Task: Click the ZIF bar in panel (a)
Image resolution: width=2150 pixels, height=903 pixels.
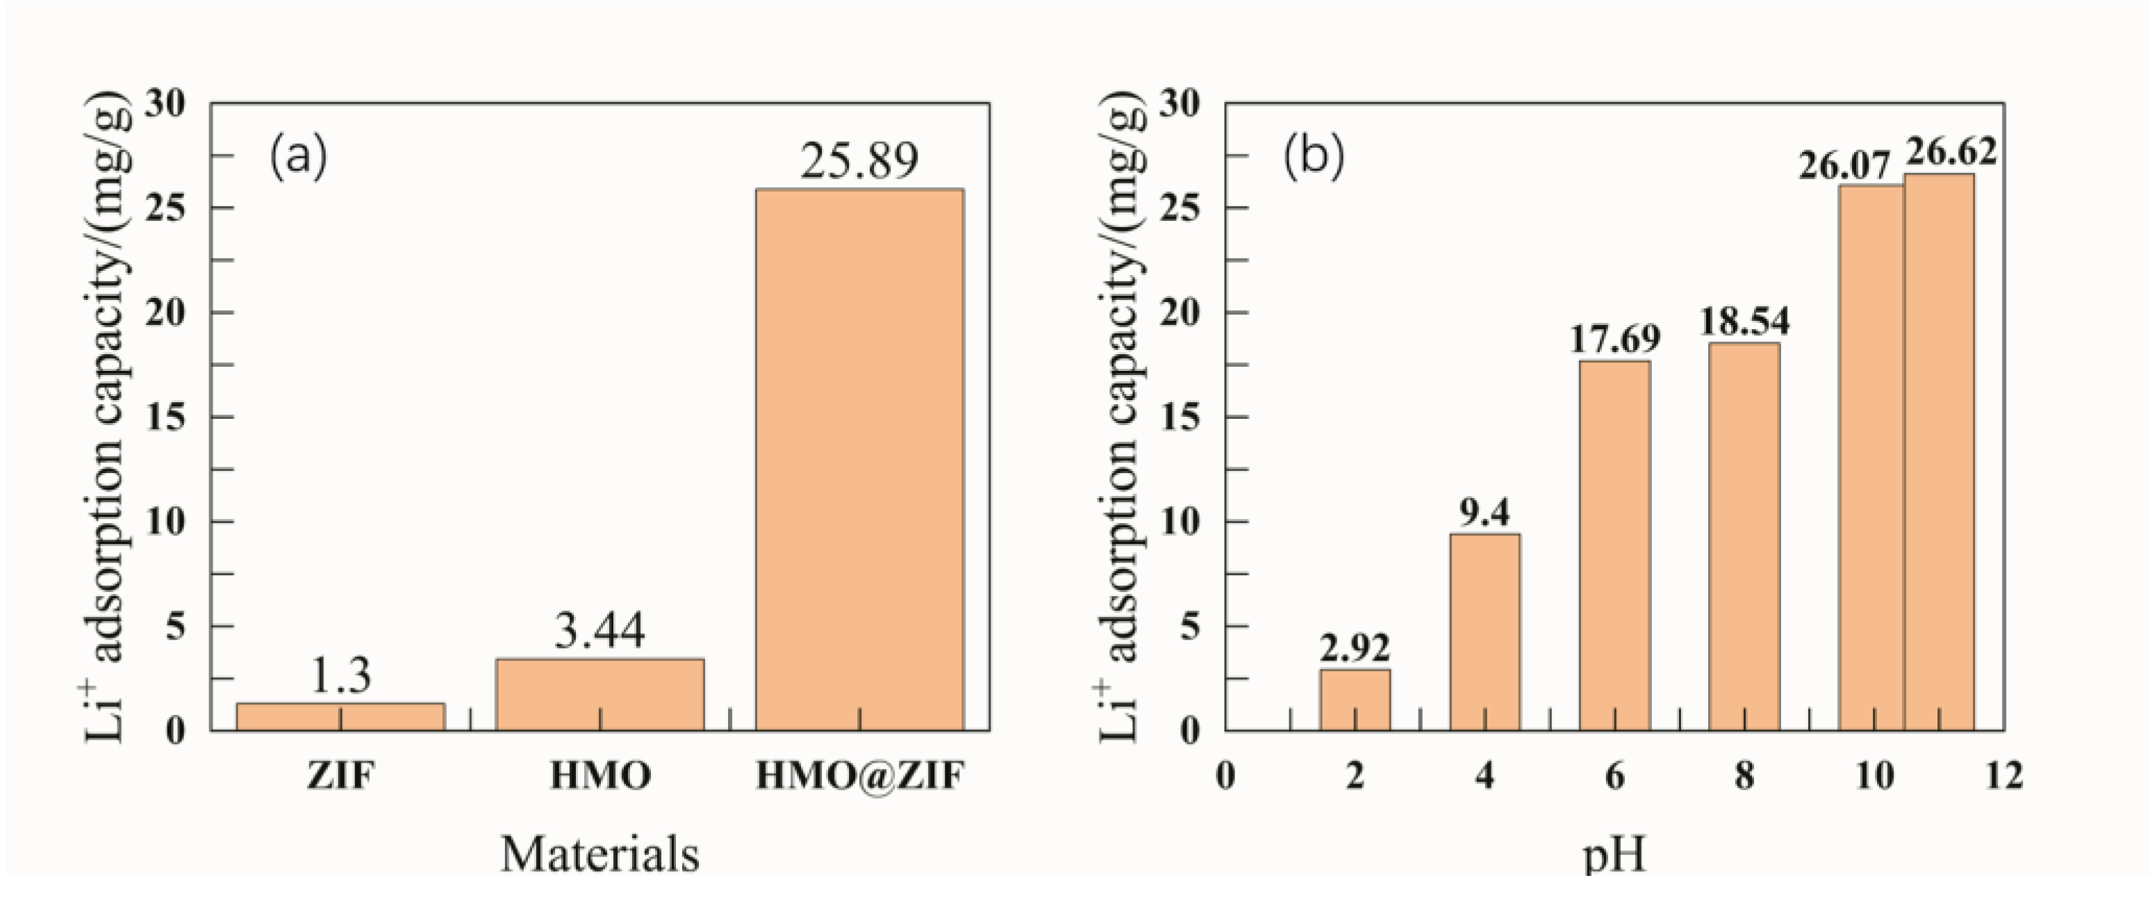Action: (340, 717)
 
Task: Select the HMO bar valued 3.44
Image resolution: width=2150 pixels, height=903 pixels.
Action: (599, 695)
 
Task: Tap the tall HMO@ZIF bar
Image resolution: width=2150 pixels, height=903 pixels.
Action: (860, 459)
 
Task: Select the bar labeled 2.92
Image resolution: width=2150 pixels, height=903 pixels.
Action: (1355, 700)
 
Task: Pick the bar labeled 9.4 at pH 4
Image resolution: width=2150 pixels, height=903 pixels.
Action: (1485, 632)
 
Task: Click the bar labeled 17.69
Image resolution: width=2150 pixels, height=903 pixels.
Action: (1615, 545)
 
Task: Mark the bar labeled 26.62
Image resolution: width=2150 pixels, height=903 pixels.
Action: (1939, 451)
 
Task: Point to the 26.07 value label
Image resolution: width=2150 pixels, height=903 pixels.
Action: (1843, 167)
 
